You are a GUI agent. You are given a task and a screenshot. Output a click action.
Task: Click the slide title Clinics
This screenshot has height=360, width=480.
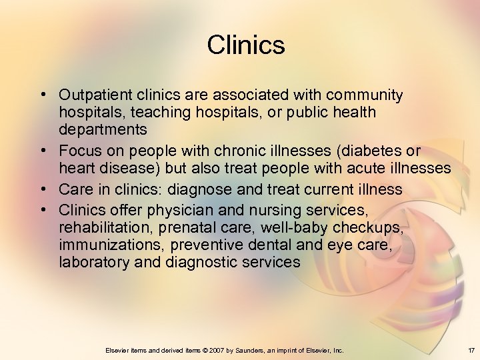click(245, 45)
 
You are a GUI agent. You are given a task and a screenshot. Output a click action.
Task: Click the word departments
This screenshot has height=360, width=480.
click(103, 129)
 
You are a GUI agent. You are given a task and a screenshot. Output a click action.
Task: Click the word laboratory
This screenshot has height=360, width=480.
click(94, 262)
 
